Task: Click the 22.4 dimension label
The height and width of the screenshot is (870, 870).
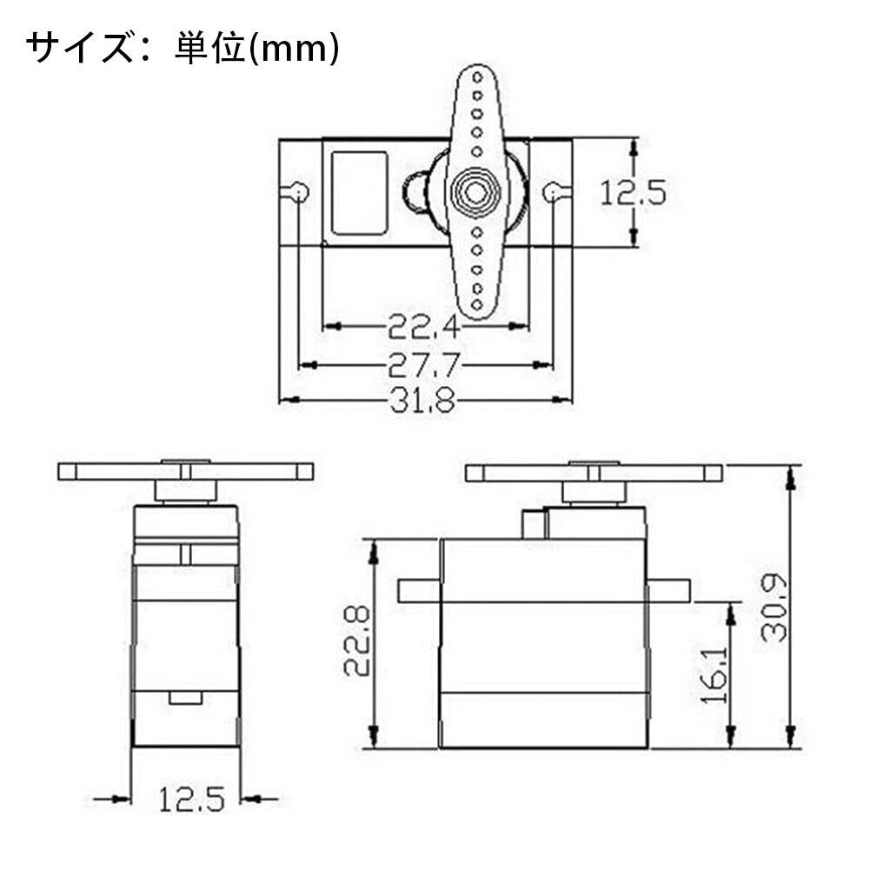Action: coord(423,326)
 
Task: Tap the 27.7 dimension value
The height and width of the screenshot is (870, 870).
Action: coord(423,364)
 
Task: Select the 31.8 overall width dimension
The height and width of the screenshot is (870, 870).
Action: coord(423,400)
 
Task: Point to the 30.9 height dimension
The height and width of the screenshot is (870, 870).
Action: coord(774,608)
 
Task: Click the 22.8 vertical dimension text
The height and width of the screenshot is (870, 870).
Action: coord(356,641)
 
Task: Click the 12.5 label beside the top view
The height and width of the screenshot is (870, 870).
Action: coord(633,193)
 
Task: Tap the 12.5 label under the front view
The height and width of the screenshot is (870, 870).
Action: coord(192,800)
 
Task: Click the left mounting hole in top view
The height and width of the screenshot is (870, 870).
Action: coord(299,192)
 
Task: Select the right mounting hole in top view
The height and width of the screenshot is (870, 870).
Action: coord(552,192)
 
